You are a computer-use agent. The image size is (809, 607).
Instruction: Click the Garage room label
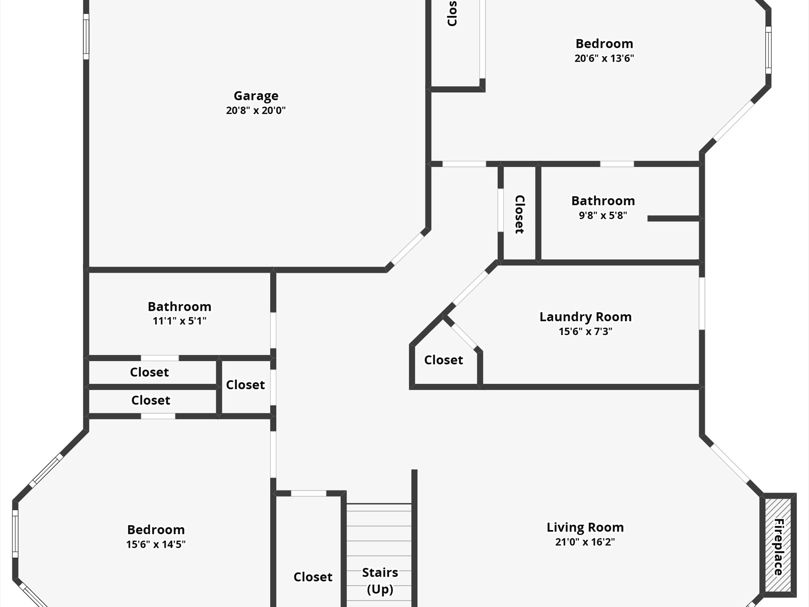point(256,96)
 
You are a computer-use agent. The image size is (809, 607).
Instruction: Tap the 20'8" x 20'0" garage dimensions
point(256,110)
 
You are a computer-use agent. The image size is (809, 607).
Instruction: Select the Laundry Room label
point(585,317)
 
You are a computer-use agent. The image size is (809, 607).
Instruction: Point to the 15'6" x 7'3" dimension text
point(585,331)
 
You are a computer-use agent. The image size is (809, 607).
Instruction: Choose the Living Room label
point(585,528)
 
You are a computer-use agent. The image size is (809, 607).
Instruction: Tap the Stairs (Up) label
point(380,581)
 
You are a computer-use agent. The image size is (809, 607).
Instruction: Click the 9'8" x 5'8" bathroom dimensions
point(603,215)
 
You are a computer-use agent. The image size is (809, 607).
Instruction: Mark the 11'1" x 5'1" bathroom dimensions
point(179,321)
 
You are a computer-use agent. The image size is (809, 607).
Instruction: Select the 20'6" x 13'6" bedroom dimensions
point(604,58)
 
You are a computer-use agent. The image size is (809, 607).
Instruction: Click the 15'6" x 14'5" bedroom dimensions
point(156,544)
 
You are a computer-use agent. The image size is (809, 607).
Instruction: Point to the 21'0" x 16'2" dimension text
point(585,542)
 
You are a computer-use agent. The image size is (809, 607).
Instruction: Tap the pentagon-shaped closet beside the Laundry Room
point(444,360)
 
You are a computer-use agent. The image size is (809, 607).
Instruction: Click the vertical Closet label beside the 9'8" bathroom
point(519,214)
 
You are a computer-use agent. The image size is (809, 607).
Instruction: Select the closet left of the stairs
point(312,577)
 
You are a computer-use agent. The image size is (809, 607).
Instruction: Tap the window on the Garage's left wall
point(86,36)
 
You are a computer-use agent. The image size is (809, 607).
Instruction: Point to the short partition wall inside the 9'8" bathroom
point(674,219)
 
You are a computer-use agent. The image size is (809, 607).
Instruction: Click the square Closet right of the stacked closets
point(245,385)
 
